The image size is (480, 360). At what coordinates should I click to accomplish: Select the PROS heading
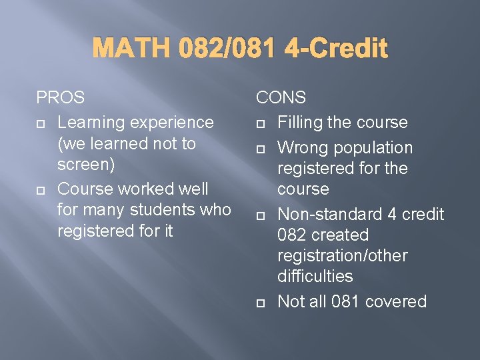[x=61, y=97]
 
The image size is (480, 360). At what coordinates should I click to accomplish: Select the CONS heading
[x=281, y=97]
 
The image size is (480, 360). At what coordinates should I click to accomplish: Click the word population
[x=373, y=147]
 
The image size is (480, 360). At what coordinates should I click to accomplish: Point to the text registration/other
[x=342, y=256]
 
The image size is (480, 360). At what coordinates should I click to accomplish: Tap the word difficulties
[x=315, y=276]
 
